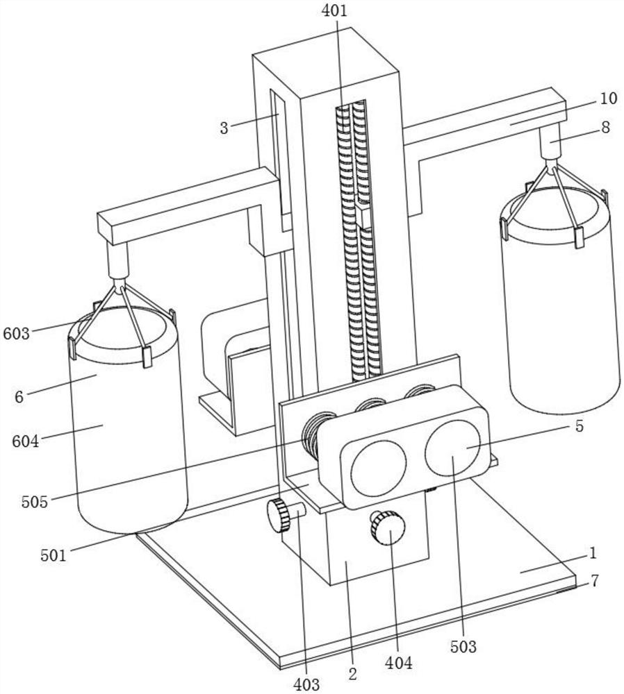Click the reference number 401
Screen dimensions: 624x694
click(x=335, y=10)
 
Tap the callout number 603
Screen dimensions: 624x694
click(x=17, y=333)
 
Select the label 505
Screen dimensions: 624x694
click(x=34, y=502)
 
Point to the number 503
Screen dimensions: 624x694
click(x=463, y=647)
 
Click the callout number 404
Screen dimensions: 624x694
click(x=398, y=663)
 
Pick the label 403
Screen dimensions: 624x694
click(x=306, y=684)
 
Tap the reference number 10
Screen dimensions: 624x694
click(x=609, y=99)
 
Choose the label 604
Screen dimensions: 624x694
click(x=25, y=441)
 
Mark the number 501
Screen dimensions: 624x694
click(x=54, y=555)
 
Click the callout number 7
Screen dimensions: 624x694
click(x=595, y=580)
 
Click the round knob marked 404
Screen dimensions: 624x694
click(x=388, y=527)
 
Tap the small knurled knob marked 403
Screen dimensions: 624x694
click(x=279, y=515)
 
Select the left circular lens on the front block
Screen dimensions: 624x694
click(x=379, y=468)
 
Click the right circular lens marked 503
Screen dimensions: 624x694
click(x=452, y=448)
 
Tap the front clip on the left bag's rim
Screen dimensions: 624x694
click(x=147, y=357)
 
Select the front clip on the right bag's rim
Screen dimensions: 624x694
click(x=579, y=237)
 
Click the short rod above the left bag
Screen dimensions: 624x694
click(x=118, y=260)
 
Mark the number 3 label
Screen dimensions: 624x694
click(x=224, y=128)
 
